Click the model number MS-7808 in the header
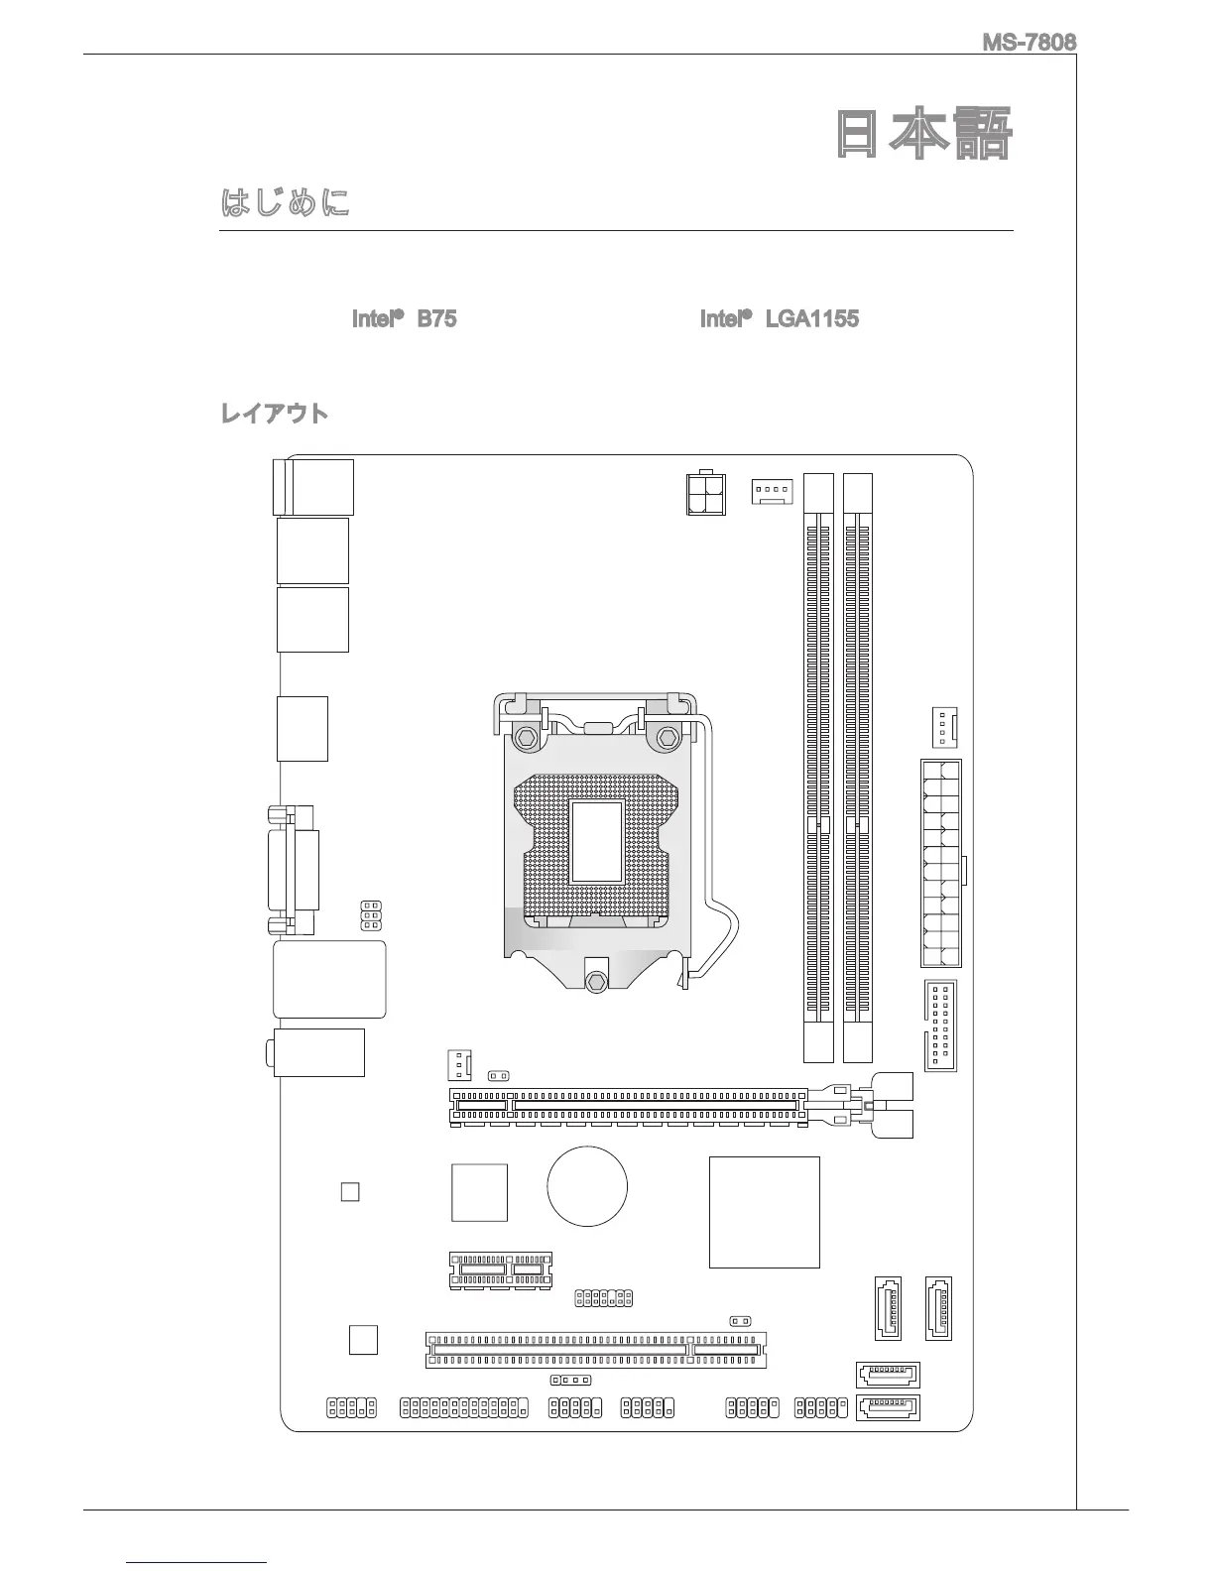pos(1029,43)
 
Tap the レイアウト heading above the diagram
pos(274,414)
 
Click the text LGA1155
pos(811,318)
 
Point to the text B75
pos(436,318)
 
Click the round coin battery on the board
pos(587,1186)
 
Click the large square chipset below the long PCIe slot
pos(765,1211)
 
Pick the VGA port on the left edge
pos(295,870)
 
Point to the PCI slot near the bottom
pos(596,1350)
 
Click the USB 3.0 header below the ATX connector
pos(940,1027)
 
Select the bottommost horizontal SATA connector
pos(887,1406)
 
